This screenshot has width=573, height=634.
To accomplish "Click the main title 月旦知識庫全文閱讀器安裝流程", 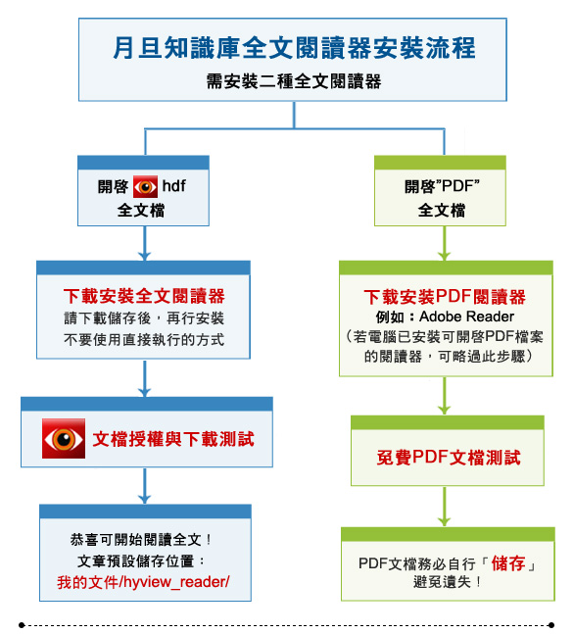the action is tap(294, 48).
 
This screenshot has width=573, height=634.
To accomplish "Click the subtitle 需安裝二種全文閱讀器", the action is tap(294, 81).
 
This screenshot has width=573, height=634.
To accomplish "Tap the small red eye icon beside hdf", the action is tap(146, 186).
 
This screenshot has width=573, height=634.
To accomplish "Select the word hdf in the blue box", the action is tap(173, 186).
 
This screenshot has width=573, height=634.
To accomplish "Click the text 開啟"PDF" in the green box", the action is tap(442, 186).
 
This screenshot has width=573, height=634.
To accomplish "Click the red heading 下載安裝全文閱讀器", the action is tap(144, 296).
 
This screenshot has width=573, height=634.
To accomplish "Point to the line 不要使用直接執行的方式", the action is tap(144, 340).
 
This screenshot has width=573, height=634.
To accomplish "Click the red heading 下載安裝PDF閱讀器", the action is tap(445, 297).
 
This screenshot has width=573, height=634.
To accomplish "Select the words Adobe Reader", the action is tap(466, 317).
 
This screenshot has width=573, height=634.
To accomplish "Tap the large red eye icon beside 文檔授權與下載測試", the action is tap(64, 439).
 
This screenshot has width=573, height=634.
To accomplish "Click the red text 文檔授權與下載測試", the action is tap(173, 439).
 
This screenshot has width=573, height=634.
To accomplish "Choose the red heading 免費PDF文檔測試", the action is tap(449, 458).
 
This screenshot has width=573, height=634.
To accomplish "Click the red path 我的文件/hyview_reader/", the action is tap(143, 582).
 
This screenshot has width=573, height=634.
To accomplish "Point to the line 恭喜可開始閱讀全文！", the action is tap(141, 539).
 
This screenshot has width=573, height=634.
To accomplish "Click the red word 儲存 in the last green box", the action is tap(508, 563).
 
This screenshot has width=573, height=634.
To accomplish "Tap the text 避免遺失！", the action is tap(448, 582).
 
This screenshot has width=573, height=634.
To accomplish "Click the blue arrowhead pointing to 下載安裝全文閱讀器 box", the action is tap(144, 256).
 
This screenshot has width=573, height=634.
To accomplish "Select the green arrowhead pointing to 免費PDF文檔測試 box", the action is tap(444, 410).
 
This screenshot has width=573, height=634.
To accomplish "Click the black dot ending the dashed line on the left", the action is tap(22, 625).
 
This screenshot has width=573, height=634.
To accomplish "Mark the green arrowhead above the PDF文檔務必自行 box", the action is tap(444, 521).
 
